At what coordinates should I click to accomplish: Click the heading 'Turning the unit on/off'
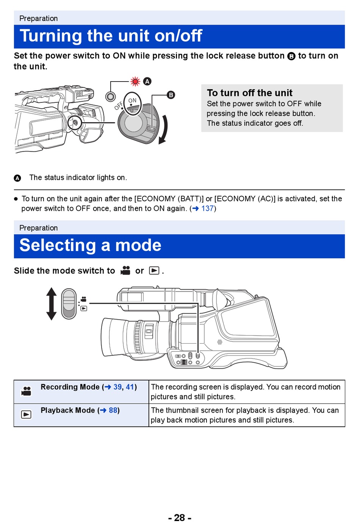click(x=111, y=36)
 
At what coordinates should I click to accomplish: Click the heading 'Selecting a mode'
click(x=90, y=245)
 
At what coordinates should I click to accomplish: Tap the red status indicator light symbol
click(x=135, y=81)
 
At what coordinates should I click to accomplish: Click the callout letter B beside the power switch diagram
click(x=171, y=95)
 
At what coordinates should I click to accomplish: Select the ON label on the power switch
click(x=132, y=101)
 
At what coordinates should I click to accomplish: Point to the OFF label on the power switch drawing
click(x=119, y=105)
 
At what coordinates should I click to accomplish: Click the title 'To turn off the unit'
click(x=249, y=93)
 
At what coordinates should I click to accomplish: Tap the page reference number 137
click(x=207, y=209)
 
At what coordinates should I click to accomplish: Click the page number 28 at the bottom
click(x=180, y=518)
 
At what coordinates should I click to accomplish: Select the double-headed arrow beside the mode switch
click(x=52, y=303)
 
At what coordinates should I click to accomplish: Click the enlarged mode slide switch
click(x=69, y=303)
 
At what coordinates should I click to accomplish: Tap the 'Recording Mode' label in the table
click(x=70, y=387)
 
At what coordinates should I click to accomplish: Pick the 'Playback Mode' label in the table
click(x=67, y=410)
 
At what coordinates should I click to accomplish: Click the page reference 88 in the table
click(x=113, y=410)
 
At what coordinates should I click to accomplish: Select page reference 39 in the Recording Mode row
click(x=117, y=387)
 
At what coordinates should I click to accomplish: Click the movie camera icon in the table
click(x=26, y=391)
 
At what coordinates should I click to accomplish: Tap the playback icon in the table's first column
click(x=26, y=415)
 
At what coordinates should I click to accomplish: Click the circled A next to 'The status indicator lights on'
click(x=17, y=178)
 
